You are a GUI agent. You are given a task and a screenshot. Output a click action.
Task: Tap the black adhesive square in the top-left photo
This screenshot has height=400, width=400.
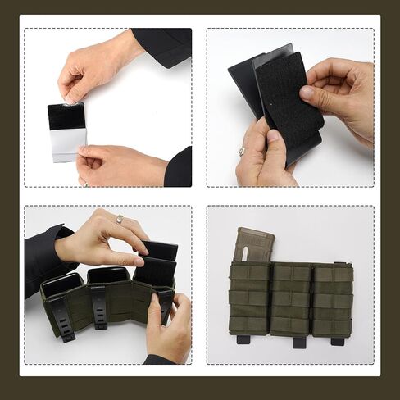click(x=65, y=117)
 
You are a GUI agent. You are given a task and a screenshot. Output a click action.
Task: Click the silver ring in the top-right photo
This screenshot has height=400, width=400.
click(x=242, y=151)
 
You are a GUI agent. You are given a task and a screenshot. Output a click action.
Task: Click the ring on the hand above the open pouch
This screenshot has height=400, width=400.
click(x=119, y=219)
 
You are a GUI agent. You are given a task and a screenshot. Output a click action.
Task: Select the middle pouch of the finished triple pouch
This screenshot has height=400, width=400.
click(x=291, y=299)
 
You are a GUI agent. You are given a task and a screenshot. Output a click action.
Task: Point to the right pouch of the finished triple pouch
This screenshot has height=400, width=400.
click(x=333, y=299)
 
